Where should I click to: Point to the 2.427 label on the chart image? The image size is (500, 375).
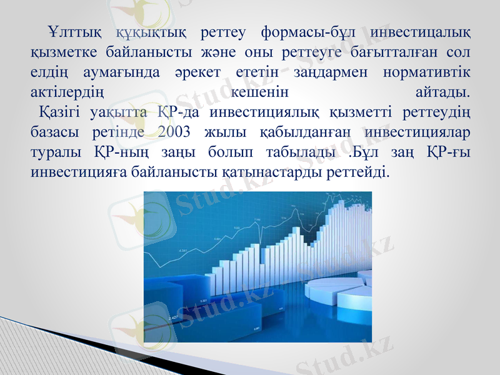176,317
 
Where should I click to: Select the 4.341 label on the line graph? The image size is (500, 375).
183,251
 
